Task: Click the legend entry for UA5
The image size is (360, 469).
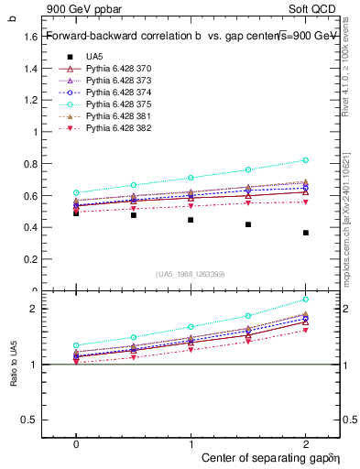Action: pos(94,56)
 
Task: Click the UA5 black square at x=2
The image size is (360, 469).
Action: pos(305,233)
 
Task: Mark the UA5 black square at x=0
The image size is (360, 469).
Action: pos(76,213)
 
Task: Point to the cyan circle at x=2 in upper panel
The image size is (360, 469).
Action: pos(305,160)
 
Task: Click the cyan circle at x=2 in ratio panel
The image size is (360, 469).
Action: pos(305,300)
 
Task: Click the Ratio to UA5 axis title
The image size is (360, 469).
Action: pos(13,378)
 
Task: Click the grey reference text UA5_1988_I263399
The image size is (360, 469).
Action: pos(191,274)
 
